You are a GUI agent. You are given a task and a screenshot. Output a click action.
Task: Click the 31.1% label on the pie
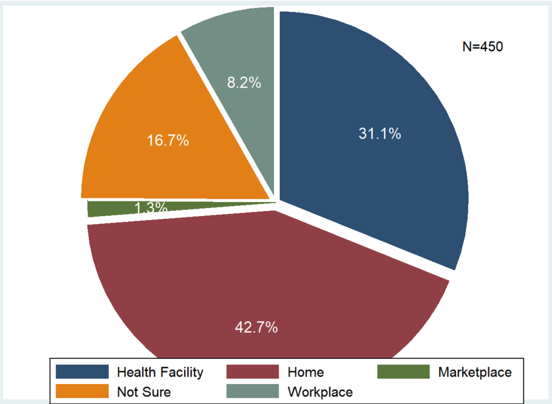(379, 134)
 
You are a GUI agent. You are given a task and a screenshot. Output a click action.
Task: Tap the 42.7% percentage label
(256, 326)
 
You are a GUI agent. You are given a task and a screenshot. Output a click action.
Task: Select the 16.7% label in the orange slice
(168, 141)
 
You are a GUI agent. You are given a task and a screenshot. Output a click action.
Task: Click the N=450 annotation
(482, 47)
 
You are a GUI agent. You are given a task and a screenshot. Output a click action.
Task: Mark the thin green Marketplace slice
(108, 208)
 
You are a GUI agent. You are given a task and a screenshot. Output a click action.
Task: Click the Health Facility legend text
(160, 372)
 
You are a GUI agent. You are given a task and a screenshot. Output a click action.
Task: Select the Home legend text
(306, 372)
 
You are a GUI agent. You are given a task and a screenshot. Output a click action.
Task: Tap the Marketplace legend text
(474, 372)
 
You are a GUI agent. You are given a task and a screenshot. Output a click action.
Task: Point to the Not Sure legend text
(143, 391)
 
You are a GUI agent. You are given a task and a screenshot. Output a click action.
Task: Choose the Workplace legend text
(320, 391)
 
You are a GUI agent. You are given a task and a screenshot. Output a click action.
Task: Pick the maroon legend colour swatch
(252, 372)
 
